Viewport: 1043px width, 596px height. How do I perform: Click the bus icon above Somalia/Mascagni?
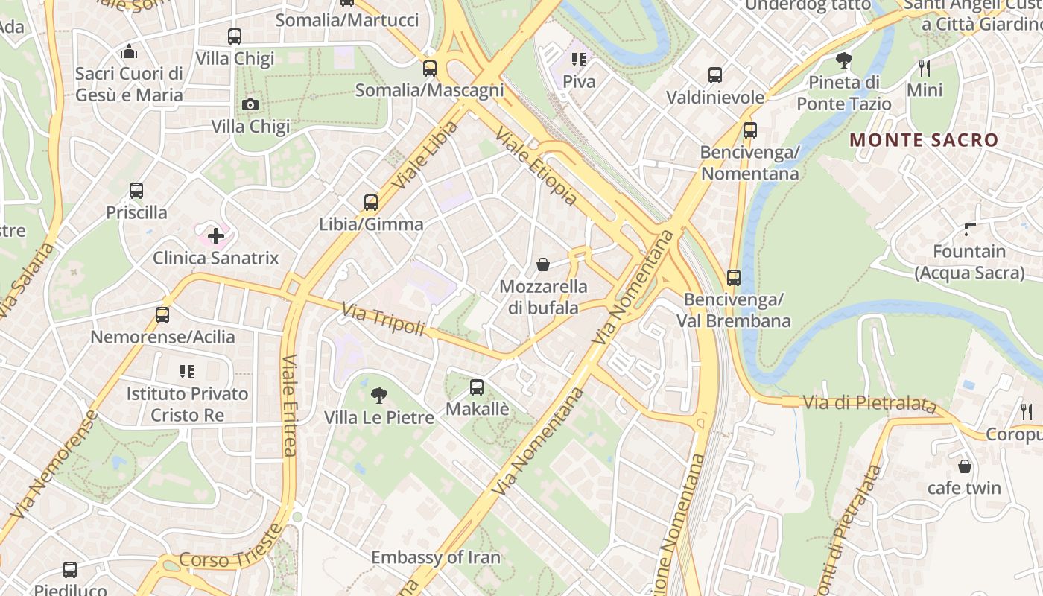430,69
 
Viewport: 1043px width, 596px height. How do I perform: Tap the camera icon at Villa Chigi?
250,104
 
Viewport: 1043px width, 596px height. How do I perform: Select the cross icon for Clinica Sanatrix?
216,236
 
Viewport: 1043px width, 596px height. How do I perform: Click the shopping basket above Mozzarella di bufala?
543,264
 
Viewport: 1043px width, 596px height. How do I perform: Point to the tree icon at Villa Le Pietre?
379,395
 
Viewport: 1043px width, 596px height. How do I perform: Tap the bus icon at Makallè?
477,387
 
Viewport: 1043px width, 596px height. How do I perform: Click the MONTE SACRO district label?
924,140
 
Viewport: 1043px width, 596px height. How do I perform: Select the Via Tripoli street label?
383,319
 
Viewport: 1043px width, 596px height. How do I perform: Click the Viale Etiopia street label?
536,167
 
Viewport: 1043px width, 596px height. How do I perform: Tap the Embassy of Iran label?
436,557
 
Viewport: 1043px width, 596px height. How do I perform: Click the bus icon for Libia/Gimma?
371,202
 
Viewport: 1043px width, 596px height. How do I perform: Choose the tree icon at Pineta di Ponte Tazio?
844,60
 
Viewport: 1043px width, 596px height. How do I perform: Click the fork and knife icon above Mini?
925,69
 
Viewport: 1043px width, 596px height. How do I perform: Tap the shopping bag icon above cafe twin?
965,466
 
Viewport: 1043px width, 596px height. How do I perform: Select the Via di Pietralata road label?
869,403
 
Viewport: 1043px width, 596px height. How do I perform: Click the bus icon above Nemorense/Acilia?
162,314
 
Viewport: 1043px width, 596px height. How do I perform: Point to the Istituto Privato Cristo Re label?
187,404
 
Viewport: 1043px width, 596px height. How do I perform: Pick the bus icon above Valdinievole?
715,75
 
